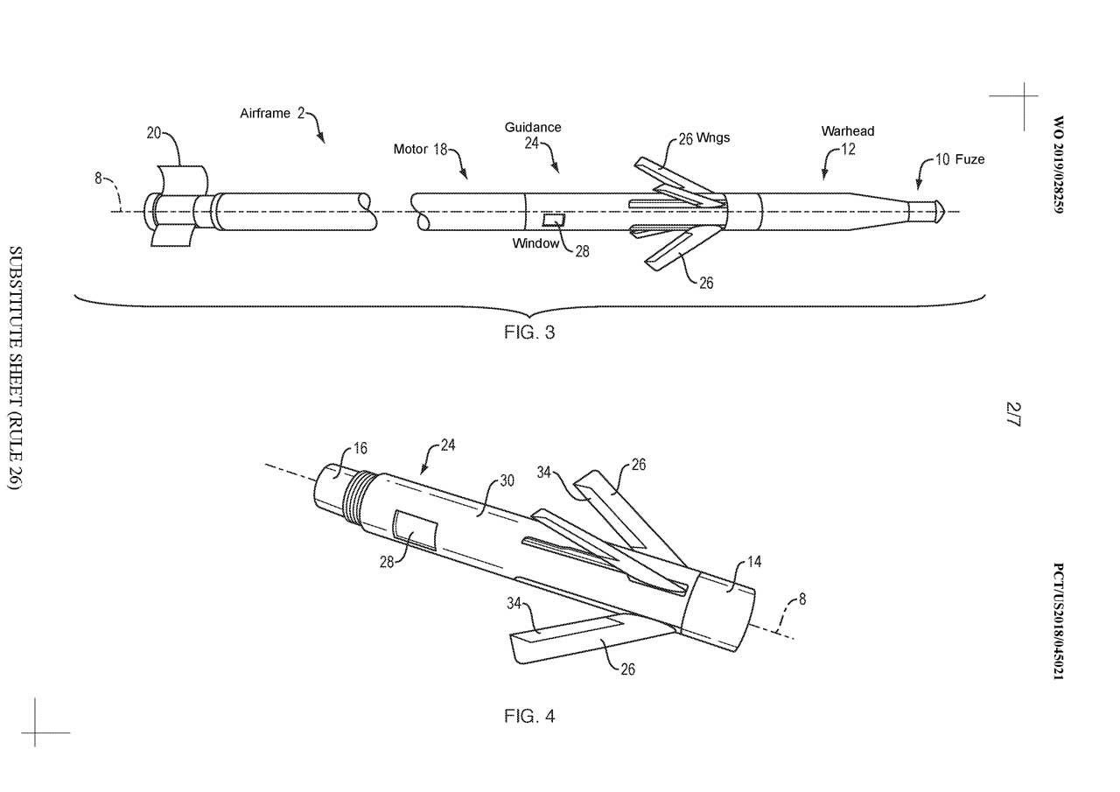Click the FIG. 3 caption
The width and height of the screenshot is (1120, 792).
[529, 333]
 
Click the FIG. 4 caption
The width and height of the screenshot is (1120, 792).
[529, 717]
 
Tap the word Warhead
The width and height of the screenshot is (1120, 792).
[847, 131]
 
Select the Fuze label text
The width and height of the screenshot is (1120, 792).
[969, 159]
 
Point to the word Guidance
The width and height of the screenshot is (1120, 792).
[533, 127]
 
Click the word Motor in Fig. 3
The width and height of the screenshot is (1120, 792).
[410, 150]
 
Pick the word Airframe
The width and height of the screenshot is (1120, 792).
[265, 113]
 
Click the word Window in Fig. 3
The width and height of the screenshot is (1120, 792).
[535, 243]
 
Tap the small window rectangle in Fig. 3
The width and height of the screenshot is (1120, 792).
[555, 219]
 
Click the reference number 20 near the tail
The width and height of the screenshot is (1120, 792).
[153, 133]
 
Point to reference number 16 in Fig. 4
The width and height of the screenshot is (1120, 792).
[360, 450]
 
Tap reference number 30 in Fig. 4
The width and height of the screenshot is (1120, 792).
[507, 480]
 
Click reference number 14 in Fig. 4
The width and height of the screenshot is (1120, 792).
[754, 563]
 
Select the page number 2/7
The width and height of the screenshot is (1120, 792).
[1014, 412]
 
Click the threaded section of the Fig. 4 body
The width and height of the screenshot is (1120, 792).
[353, 501]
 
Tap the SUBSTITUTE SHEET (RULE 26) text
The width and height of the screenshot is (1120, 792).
[15, 367]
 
